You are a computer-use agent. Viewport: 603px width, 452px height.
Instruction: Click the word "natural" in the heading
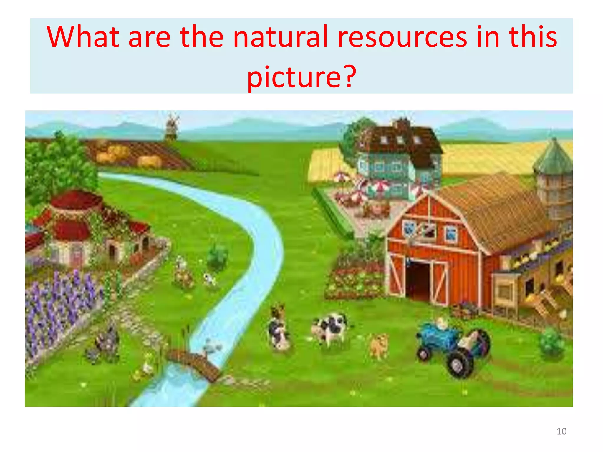[x=280, y=37]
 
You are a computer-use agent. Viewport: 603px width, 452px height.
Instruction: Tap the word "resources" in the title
[x=402, y=37]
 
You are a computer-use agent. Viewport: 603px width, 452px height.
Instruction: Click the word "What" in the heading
[x=83, y=37]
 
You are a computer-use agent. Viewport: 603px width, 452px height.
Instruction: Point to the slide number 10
[x=561, y=431]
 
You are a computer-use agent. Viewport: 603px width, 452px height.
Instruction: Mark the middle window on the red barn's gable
[x=429, y=230]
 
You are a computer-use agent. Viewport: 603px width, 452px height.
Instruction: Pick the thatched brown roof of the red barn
[x=498, y=209]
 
